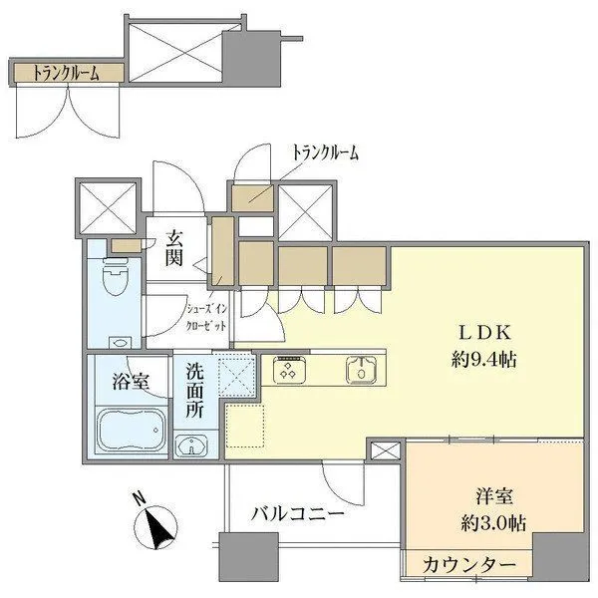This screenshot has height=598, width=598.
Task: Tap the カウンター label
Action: coord(469,565)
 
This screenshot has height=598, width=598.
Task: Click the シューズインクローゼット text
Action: coord(211,316)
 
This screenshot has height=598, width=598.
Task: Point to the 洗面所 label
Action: coord(195,389)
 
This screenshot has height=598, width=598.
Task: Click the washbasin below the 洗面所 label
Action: coord(190,445)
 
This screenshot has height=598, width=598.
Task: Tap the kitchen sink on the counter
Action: coord(360,372)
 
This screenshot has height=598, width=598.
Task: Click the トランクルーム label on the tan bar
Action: coord(67,73)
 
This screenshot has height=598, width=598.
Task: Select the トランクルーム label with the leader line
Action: coord(324,152)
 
